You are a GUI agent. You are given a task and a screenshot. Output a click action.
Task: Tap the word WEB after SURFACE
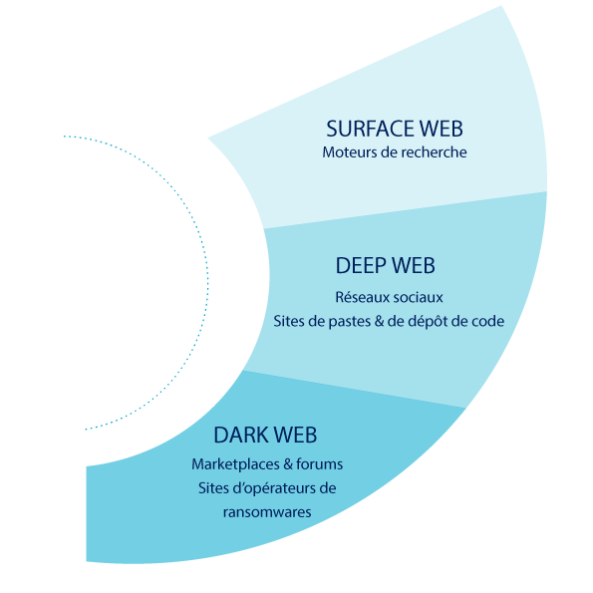click(x=442, y=129)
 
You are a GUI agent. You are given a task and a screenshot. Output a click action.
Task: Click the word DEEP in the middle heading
click(x=361, y=265)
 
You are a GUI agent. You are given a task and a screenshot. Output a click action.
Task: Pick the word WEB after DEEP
click(x=414, y=265)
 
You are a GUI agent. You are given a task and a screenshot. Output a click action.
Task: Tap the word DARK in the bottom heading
click(x=241, y=435)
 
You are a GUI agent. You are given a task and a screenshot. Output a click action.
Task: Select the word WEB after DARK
click(x=295, y=435)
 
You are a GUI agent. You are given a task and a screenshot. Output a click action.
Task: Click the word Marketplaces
click(x=235, y=464)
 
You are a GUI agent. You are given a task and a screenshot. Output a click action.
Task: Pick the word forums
click(x=320, y=464)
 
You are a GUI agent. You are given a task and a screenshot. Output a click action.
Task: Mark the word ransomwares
click(x=267, y=512)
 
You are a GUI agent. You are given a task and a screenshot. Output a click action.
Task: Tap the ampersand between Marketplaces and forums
click(x=288, y=464)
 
